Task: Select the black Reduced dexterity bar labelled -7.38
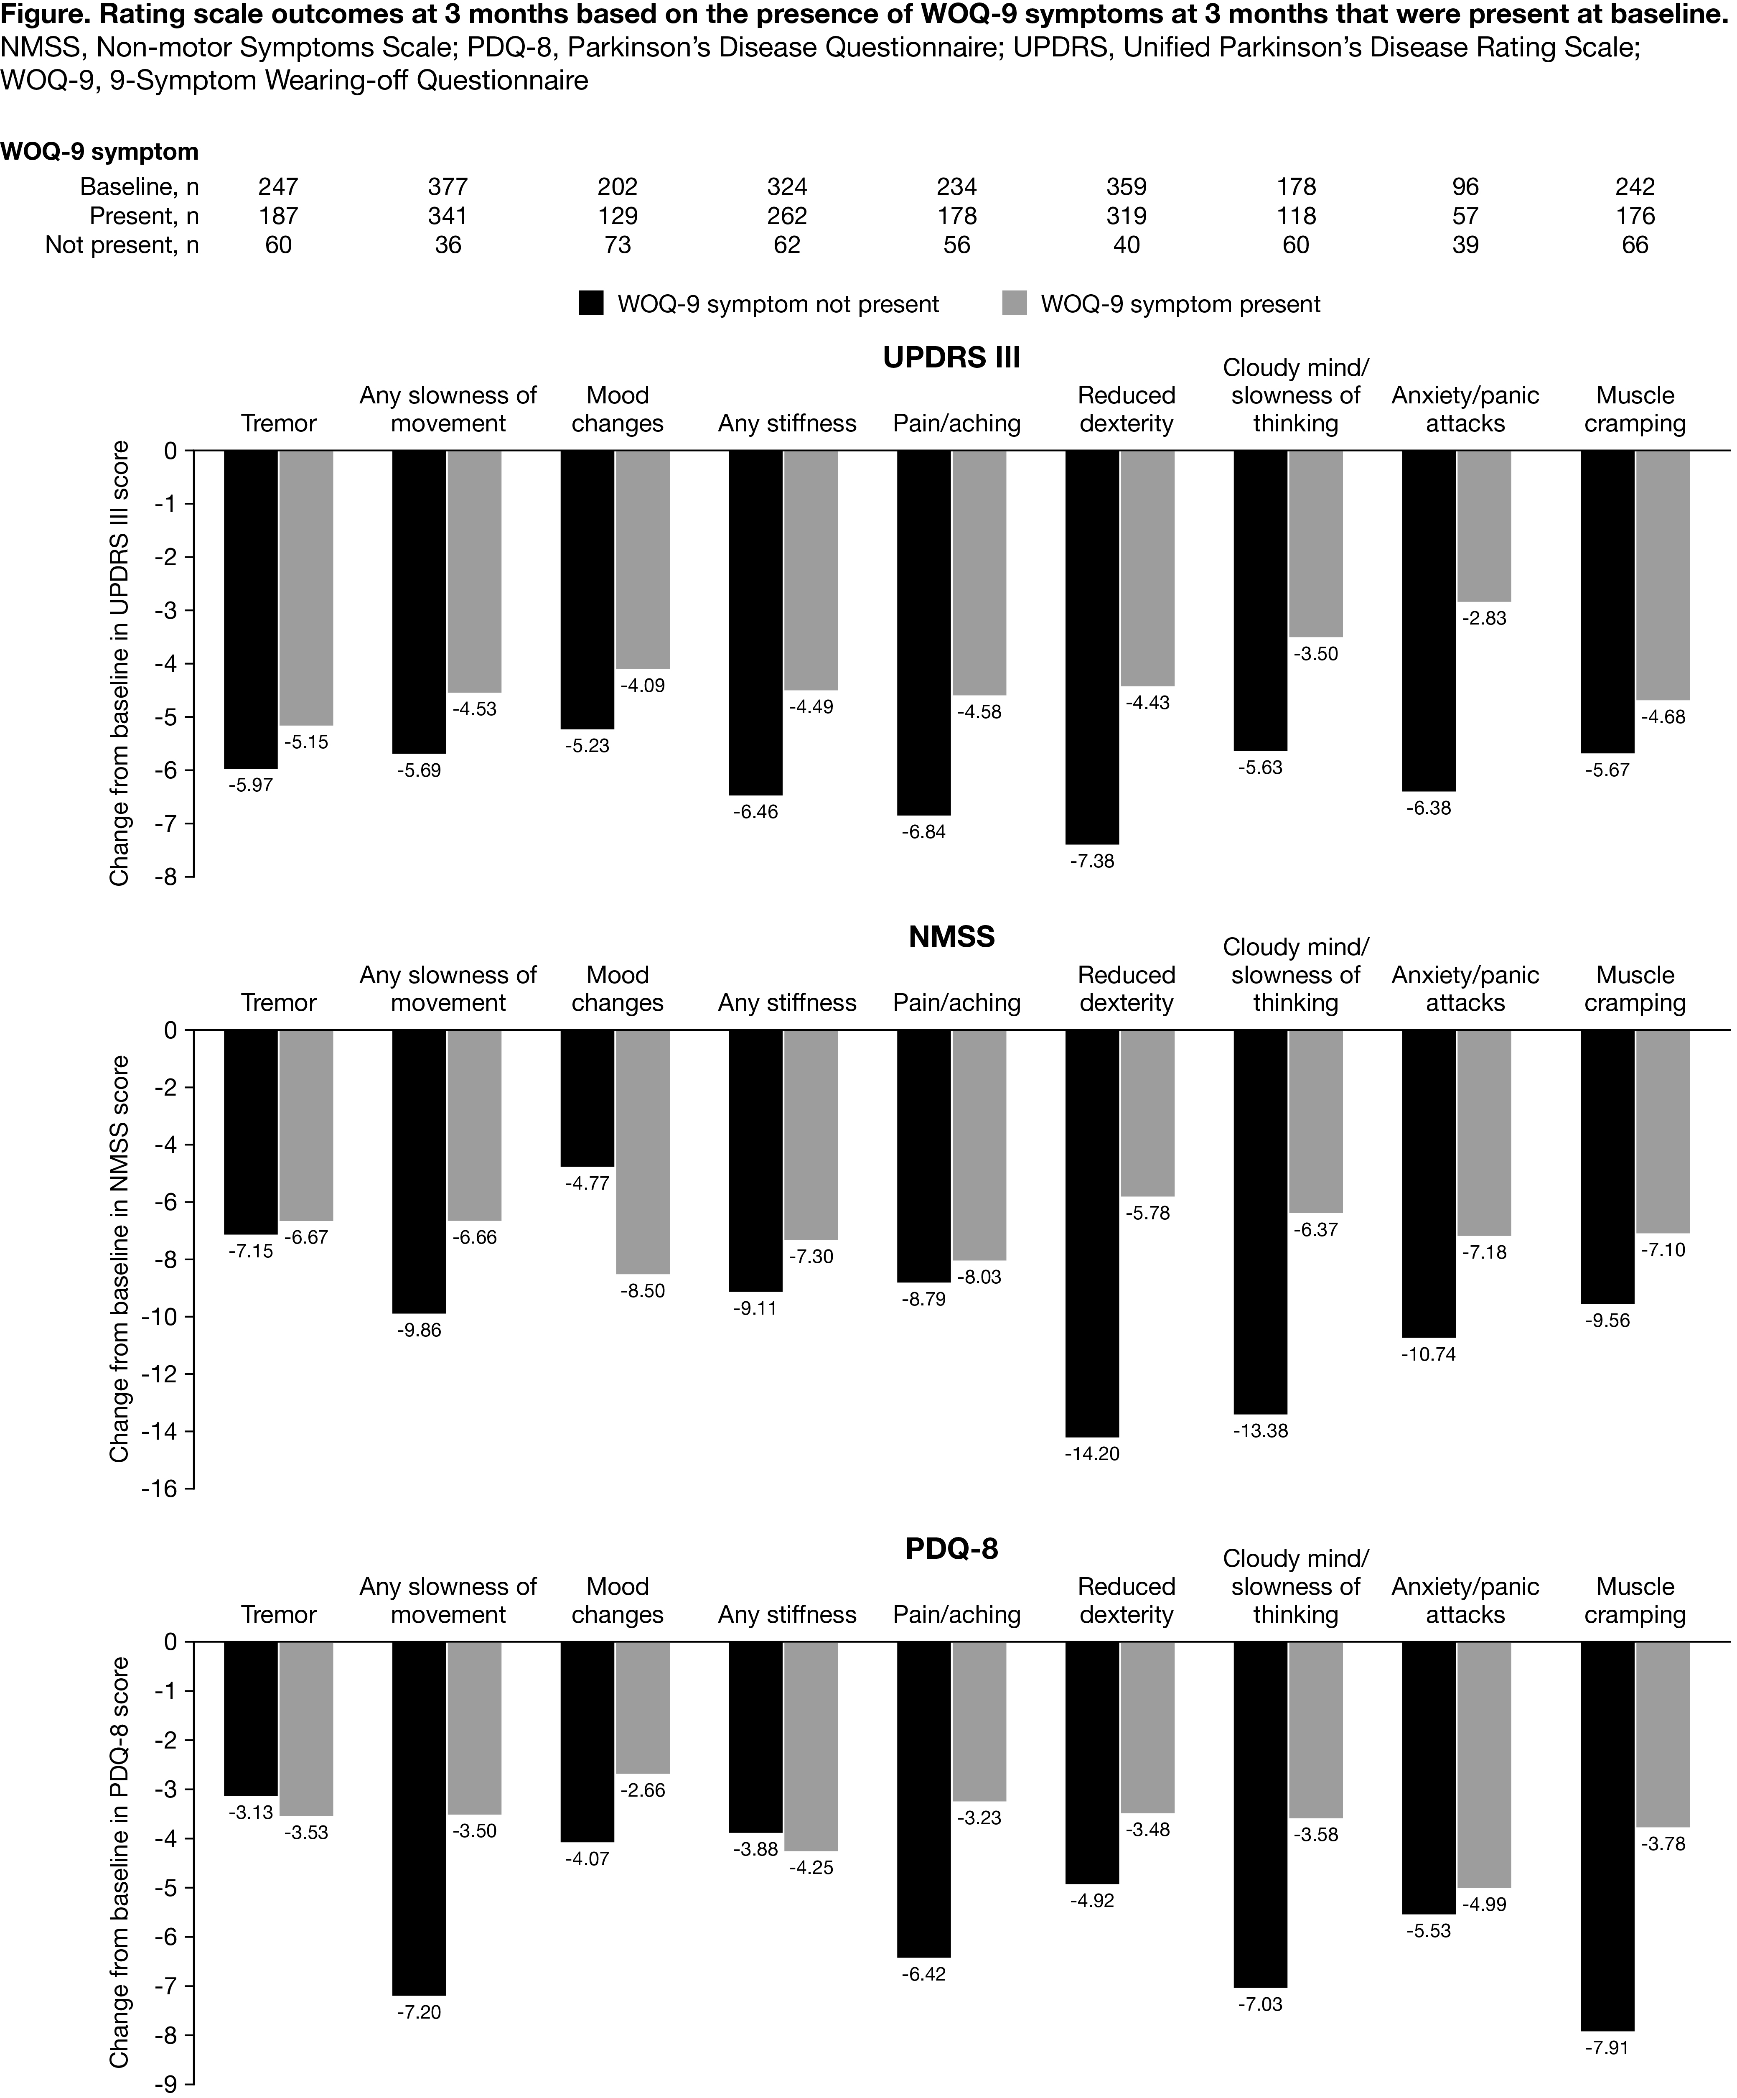click(x=1093, y=647)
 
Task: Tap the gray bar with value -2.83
click(x=1483, y=527)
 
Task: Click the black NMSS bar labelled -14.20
click(x=1093, y=1233)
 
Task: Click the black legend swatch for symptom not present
click(x=591, y=304)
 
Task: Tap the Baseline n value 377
click(x=448, y=187)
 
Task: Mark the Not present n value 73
click(x=617, y=245)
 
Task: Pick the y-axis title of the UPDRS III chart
click(x=120, y=663)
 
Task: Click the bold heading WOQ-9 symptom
click(x=100, y=152)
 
